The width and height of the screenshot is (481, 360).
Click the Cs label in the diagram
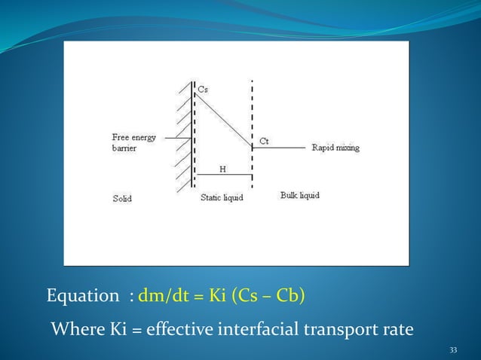(x=203, y=89)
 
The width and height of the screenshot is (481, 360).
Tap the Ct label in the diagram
(x=264, y=141)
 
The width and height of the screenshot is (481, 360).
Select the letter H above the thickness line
(x=223, y=169)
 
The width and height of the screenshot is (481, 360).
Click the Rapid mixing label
(x=335, y=148)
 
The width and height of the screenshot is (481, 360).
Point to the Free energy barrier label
(x=134, y=143)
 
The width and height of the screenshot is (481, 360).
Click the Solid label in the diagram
(x=122, y=199)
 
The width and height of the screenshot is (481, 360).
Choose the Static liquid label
(x=222, y=198)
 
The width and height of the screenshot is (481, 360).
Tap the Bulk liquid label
(x=299, y=195)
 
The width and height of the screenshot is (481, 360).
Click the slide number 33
(x=453, y=349)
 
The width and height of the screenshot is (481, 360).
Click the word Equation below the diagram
(x=78, y=296)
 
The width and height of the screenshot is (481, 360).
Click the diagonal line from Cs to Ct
(x=224, y=117)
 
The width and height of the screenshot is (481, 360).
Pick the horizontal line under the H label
(x=223, y=175)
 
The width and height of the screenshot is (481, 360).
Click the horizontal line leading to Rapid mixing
(x=279, y=148)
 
